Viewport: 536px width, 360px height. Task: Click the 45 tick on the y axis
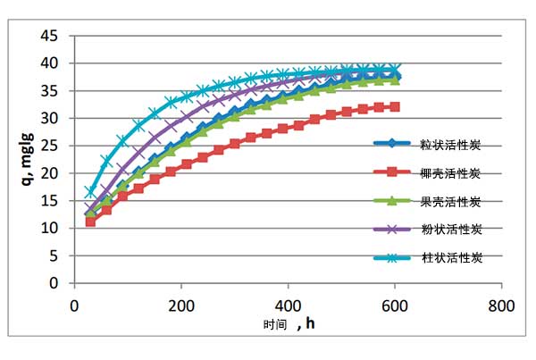50,36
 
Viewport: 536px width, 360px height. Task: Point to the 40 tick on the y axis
50,63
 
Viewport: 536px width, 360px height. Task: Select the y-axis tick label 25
50,146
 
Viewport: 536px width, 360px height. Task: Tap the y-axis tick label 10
50,228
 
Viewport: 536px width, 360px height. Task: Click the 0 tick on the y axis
54,283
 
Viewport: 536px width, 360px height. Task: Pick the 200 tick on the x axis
181,304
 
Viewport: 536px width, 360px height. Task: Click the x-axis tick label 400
288,304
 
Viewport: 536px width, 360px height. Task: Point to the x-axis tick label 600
395,304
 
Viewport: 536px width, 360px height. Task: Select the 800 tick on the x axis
501,304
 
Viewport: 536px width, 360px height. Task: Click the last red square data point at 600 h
395,107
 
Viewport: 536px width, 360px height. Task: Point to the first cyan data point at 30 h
90,192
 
